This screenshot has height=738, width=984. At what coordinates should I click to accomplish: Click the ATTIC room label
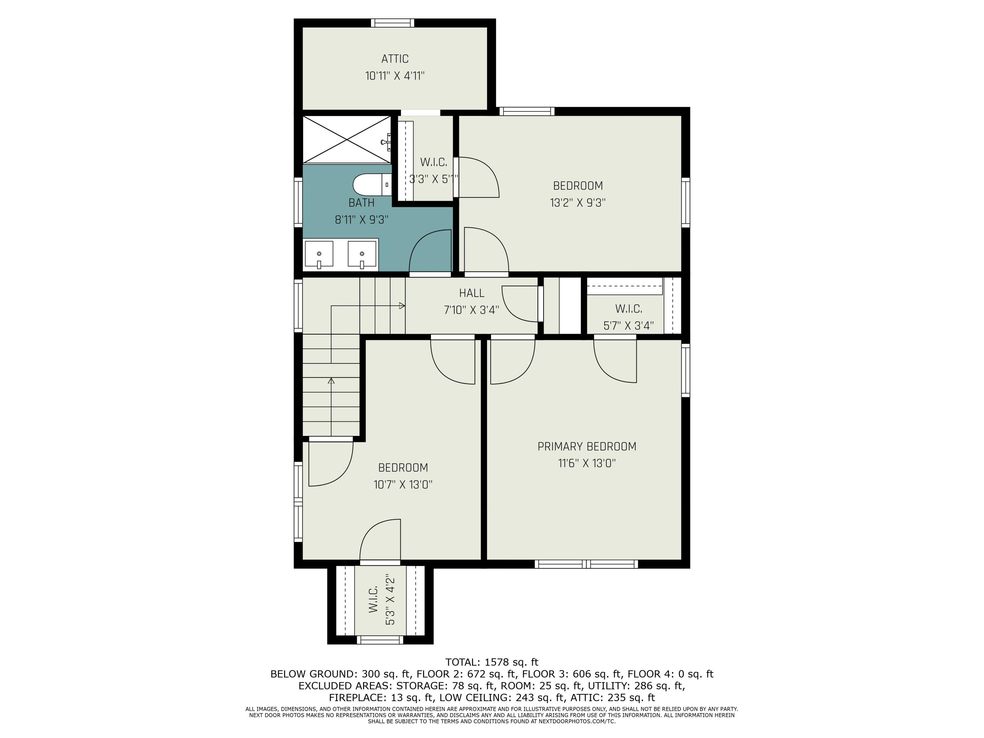pyautogui.click(x=395, y=59)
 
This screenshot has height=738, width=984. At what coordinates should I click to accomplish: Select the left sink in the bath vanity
pyautogui.click(x=319, y=255)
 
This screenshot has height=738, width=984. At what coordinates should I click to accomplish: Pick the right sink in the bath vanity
pyautogui.click(x=362, y=255)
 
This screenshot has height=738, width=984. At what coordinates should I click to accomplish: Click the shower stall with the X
pyautogui.click(x=347, y=139)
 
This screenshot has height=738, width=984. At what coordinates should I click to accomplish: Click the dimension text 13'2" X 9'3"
pyautogui.click(x=577, y=203)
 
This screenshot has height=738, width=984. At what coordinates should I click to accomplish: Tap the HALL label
pyautogui.click(x=472, y=293)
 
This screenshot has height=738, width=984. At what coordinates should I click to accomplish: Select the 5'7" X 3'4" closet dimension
pyautogui.click(x=628, y=326)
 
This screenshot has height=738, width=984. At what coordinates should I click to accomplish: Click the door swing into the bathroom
pyautogui.click(x=430, y=251)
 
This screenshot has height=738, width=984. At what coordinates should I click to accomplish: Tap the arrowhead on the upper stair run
pyautogui.click(x=402, y=306)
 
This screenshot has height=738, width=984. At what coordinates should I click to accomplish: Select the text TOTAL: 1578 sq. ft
pyautogui.click(x=492, y=662)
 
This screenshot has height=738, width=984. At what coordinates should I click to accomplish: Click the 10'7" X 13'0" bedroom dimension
pyautogui.click(x=402, y=484)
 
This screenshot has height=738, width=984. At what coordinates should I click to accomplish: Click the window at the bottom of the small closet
pyautogui.click(x=379, y=640)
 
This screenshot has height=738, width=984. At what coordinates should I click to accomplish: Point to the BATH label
pyautogui.click(x=361, y=203)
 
